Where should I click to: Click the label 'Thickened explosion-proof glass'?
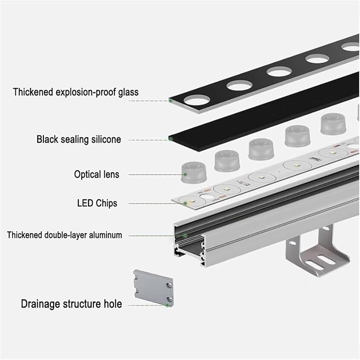[76, 92]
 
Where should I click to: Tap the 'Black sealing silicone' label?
[79, 139]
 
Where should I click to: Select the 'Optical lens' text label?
[96, 174]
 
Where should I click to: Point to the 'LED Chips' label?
[97, 203]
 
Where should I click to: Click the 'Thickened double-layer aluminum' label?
[65, 235]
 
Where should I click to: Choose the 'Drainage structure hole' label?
[72, 304]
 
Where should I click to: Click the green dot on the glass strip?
[170, 100]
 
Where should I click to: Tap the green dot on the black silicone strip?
[170, 138]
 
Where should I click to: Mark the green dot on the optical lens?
[185, 174]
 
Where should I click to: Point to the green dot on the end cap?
[168, 305]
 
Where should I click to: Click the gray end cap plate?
[153, 288]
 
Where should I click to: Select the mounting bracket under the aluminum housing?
[317, 251]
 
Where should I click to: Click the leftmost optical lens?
[194, 172]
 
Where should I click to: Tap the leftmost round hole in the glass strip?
[197, 100]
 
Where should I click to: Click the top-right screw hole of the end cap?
[169, 285]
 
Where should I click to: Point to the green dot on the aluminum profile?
[185, 235]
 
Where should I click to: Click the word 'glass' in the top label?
[128, 93]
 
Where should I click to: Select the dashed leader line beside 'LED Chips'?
[156, 204]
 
